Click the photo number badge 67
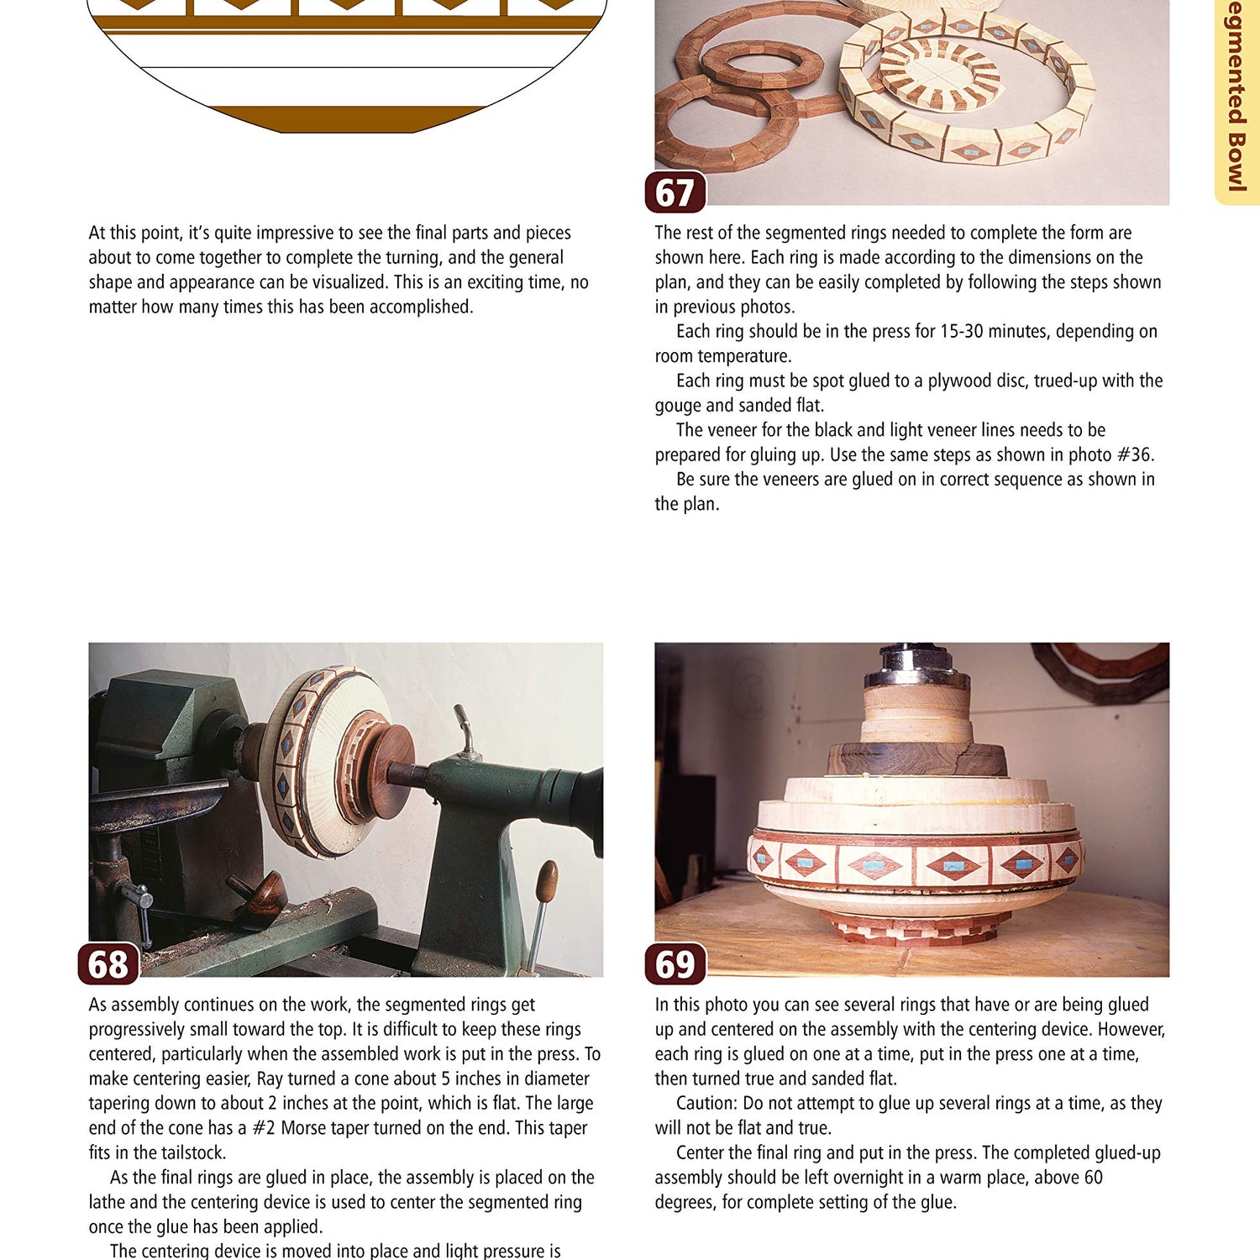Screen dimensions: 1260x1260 point(675,192)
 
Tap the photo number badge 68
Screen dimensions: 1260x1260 point(108,963)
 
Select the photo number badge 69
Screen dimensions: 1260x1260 point(675,963)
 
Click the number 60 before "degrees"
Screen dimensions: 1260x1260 point(1092,1177)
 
